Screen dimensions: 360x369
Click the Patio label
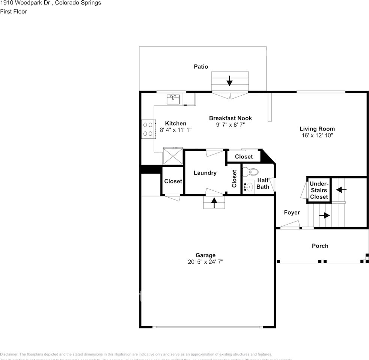[x=201, y=67]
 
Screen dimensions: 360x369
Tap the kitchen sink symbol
[x=173, y=99]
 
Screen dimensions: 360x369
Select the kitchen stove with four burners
[x=148, y=129]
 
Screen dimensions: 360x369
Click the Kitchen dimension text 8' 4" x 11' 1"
[x=176, y=130]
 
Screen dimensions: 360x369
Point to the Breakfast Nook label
[x=230, y=118]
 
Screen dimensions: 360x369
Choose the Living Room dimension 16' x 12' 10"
[x=317, y=135]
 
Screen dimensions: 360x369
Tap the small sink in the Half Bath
[x=248, y=187]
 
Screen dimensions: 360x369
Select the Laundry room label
[x=205, y=173]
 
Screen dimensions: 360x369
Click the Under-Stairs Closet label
[x=319, y=190]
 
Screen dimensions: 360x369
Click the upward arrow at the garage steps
[x=214, y=202]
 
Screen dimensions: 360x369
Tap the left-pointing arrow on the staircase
[x=341, y=190]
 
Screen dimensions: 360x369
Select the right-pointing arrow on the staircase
[x=325, y=216]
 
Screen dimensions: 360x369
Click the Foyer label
[x=292, y=213]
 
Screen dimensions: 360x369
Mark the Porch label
[x=320, y=246]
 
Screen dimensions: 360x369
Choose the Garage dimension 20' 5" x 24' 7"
[x=206, y=262]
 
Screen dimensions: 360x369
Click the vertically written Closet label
[x=234, y=179]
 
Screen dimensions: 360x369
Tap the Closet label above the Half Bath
[x=244, y=156]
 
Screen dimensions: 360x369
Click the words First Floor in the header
[x=14, y=11]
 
